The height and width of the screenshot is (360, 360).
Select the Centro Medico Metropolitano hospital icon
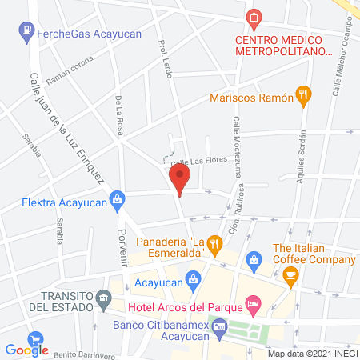pyautogui.click(x=254, y=17)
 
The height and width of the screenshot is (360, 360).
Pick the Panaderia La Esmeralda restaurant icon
pyautogui.click(x=214, y=243)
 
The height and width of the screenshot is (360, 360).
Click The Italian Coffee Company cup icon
pyautogui.click(x=290, y=275)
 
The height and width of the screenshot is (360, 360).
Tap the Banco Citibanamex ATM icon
pyautogui.click(x=220, y=326)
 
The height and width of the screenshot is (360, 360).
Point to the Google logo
pyautogui.click(x=27, y=349)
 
